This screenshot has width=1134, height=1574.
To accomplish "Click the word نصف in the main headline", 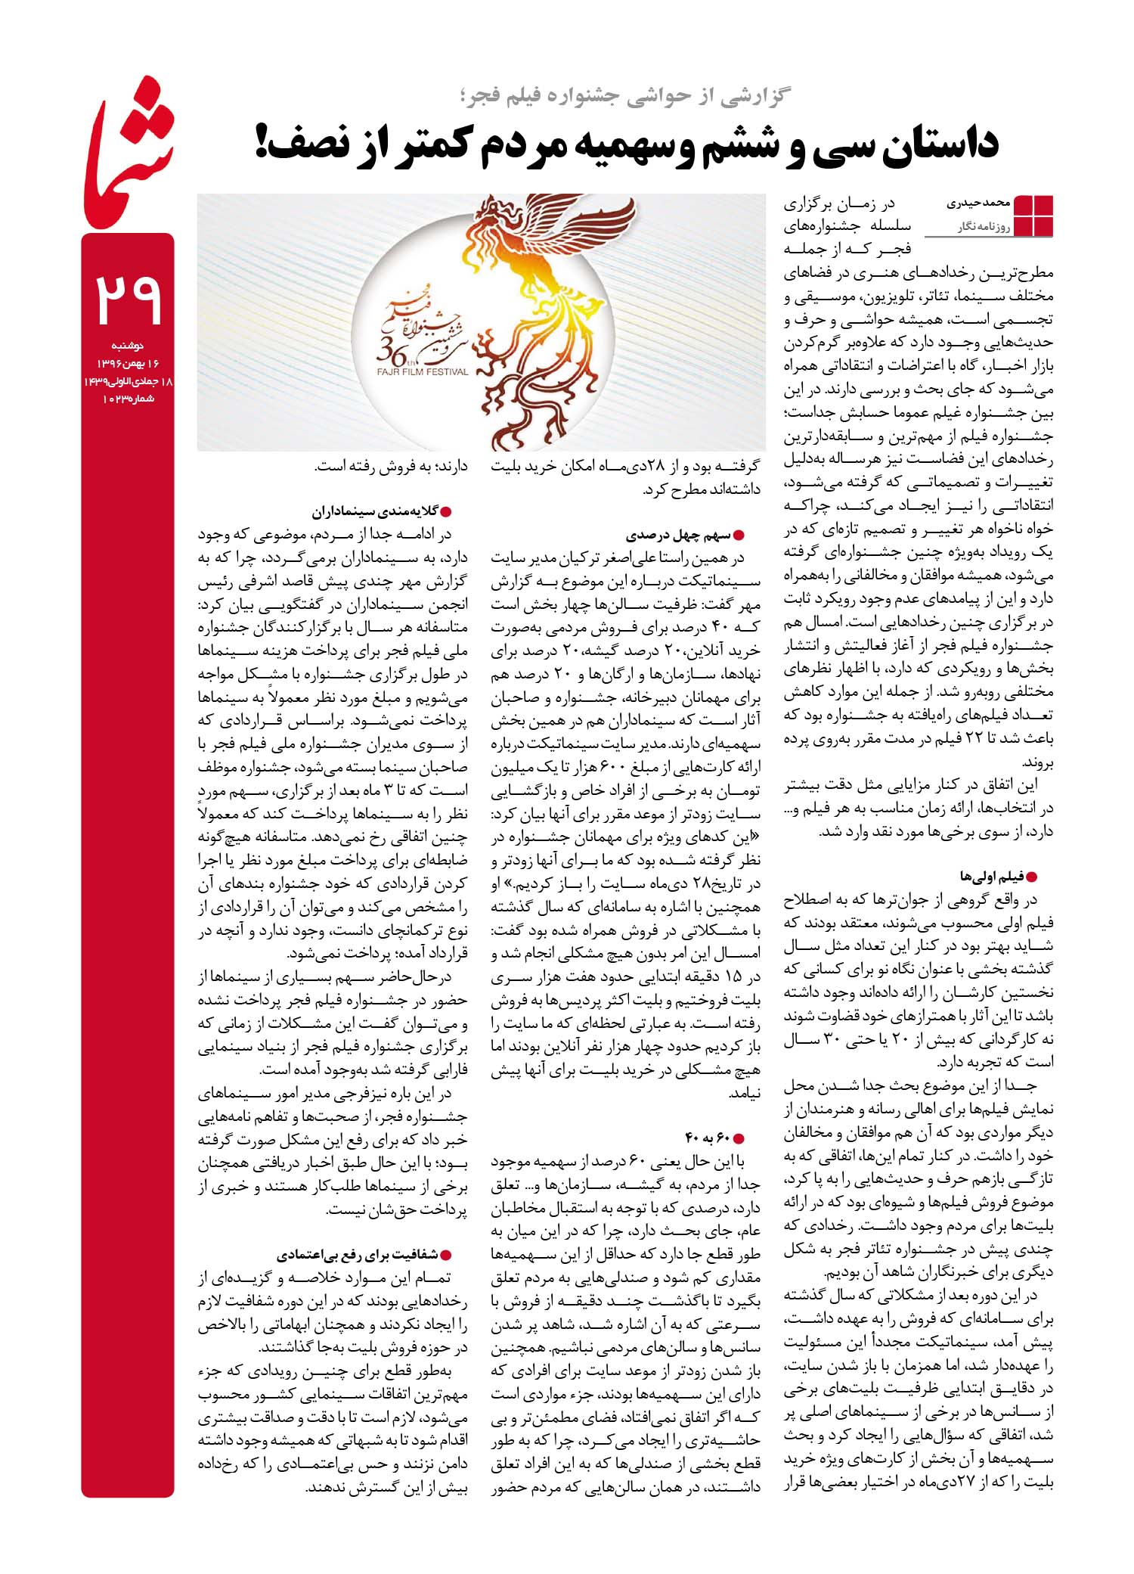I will pos(312,144).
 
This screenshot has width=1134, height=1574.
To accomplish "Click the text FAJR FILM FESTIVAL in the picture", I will pos(422,371).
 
